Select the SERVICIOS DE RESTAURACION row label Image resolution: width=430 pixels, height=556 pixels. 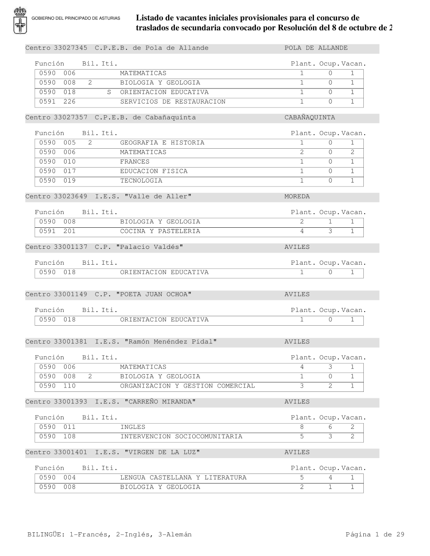pos(172,102)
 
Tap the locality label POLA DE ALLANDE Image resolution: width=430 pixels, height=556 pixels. pos(316,48)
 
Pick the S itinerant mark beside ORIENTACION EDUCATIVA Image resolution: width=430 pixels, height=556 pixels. pos(109,92)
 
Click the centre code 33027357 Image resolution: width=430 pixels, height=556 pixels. pos(71,118)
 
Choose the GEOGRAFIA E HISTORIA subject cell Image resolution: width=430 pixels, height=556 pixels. pos(162,143)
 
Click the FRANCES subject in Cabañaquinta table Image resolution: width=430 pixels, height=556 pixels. pos(135,162)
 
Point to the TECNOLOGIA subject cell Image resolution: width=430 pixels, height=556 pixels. pos(141,180)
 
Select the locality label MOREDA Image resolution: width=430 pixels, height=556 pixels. pos(297,197)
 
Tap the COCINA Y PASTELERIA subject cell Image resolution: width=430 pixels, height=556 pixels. pos(160,231)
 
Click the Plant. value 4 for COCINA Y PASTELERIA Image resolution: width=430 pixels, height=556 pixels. pos(302,231)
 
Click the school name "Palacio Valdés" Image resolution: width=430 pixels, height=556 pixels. pos(150,247)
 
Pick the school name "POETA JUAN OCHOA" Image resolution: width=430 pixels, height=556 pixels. pos(154,294)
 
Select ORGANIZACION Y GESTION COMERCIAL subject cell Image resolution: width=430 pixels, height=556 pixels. pos(187,386)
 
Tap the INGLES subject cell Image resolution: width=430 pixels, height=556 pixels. pos(132,427)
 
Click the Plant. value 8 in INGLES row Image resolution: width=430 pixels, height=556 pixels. pos(302,427)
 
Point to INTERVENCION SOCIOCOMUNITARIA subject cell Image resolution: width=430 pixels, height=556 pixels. pos(181,437)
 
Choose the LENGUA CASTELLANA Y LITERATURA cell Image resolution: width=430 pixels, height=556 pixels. pos(183,478)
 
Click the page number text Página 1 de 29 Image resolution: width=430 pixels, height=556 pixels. pos(375,535)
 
